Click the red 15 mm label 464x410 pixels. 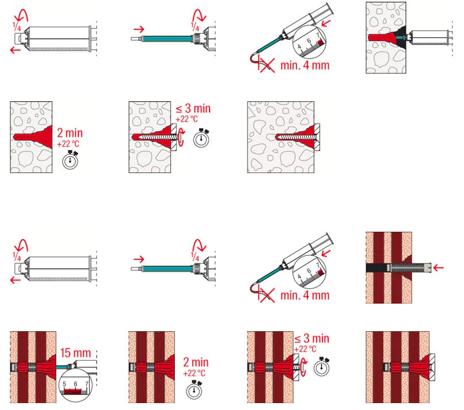pyautogui.click(x=75, y=353)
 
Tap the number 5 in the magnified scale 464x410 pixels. pyautogui.click(x=64, y=384)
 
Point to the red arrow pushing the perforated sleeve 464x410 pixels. pyautogui.click(x=439, y=268)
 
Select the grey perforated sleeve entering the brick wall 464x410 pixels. pyautogui.click(x=409, y=268)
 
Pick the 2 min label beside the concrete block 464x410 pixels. pyautogui.click(x=70, y=133)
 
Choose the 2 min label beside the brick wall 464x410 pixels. pyautogui.click(x=196, y=362)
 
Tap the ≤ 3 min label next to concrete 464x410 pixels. pyautogui.click(x=193, y=109)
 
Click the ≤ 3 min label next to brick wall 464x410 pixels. pyautogui.click(x=311, y=339)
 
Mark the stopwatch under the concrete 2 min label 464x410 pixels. pyautogui.click(x=70, y=160)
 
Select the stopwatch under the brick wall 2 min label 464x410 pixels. pyautogui.click(x=194, y=390)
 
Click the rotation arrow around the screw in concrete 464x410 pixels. pyautogui.click(x=181, y=138)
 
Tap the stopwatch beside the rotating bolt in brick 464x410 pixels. pyautogui.click(x=322, y=367)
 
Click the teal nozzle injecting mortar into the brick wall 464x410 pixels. pyautogui.click(x=62, y=367)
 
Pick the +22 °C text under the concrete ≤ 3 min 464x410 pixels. pyautogui.click(x=187, y=119)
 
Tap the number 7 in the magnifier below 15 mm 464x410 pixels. pyautogui.click(x=87, y=384)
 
